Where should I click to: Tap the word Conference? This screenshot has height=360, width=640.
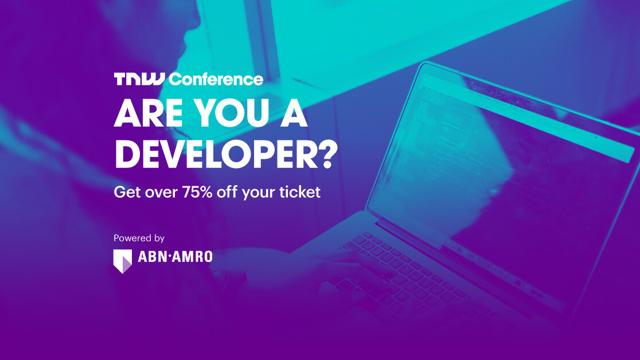[216, 79]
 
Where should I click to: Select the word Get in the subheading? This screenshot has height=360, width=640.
[126, 192]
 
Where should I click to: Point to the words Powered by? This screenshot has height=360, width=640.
[139, 238]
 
